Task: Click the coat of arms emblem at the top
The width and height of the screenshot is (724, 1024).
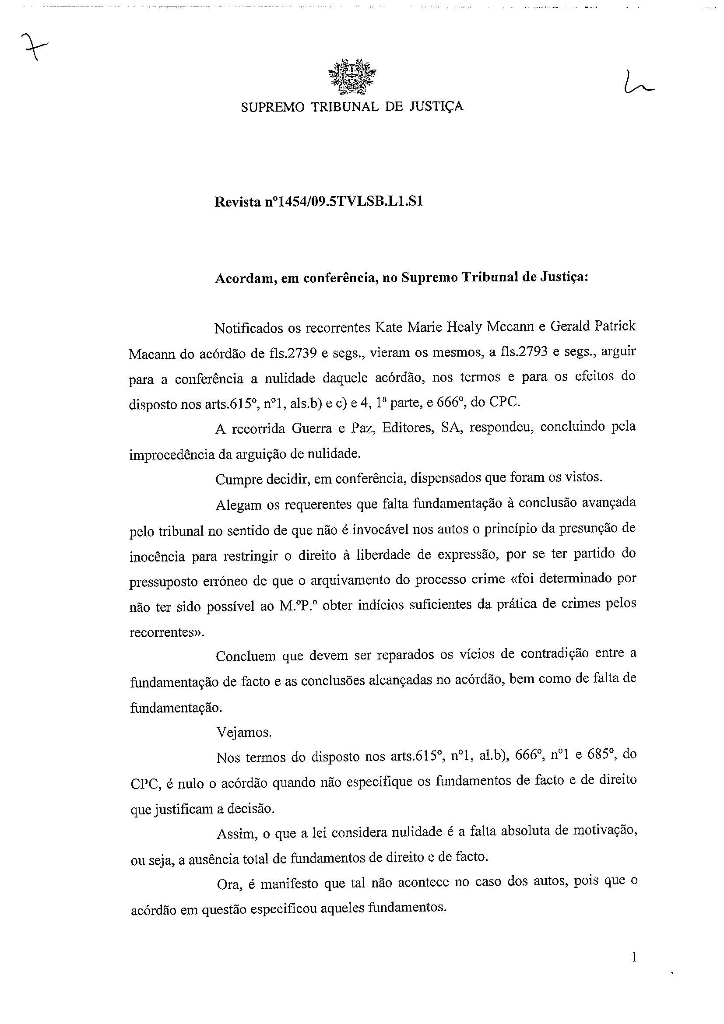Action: click(x=352, y=77)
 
